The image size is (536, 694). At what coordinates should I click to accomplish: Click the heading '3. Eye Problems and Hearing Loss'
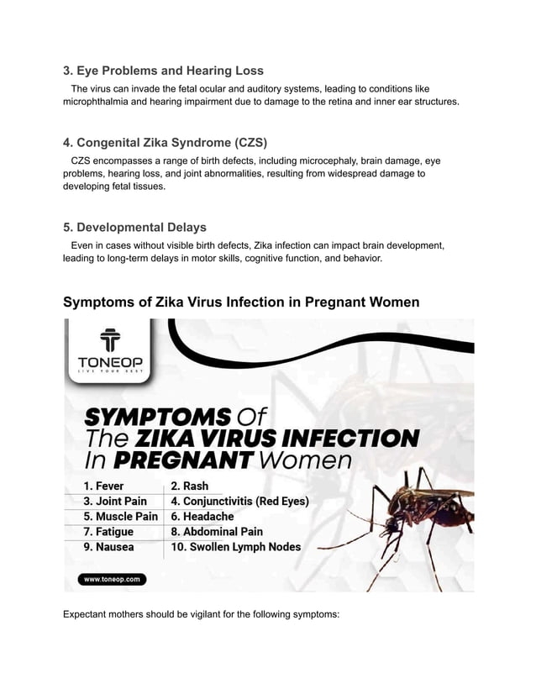coord(163,71)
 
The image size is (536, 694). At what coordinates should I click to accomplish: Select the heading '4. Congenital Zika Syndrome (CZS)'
coord(166,142)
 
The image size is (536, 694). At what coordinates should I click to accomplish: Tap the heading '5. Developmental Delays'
coord(134,227)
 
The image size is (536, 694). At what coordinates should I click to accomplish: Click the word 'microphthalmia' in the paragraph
coord(99,102)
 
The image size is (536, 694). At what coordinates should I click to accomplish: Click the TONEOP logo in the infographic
coord(110,354)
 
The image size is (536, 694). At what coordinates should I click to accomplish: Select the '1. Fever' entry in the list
coord(103,486)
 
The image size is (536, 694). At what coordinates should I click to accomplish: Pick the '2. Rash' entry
coord(190,486)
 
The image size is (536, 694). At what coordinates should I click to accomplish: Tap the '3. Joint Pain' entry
coord(115,502)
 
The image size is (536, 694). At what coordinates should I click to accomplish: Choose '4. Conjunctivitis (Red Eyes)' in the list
coord(240,502)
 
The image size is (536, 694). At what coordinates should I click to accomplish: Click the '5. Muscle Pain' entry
coord(120,517)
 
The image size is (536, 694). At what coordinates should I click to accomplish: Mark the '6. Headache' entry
coord(202,517)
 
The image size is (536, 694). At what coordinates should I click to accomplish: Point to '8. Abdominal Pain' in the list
coord(217,532)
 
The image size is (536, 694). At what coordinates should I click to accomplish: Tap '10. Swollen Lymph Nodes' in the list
coord(235,547)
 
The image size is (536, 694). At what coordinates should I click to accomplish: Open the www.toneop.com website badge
coord(113,579)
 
